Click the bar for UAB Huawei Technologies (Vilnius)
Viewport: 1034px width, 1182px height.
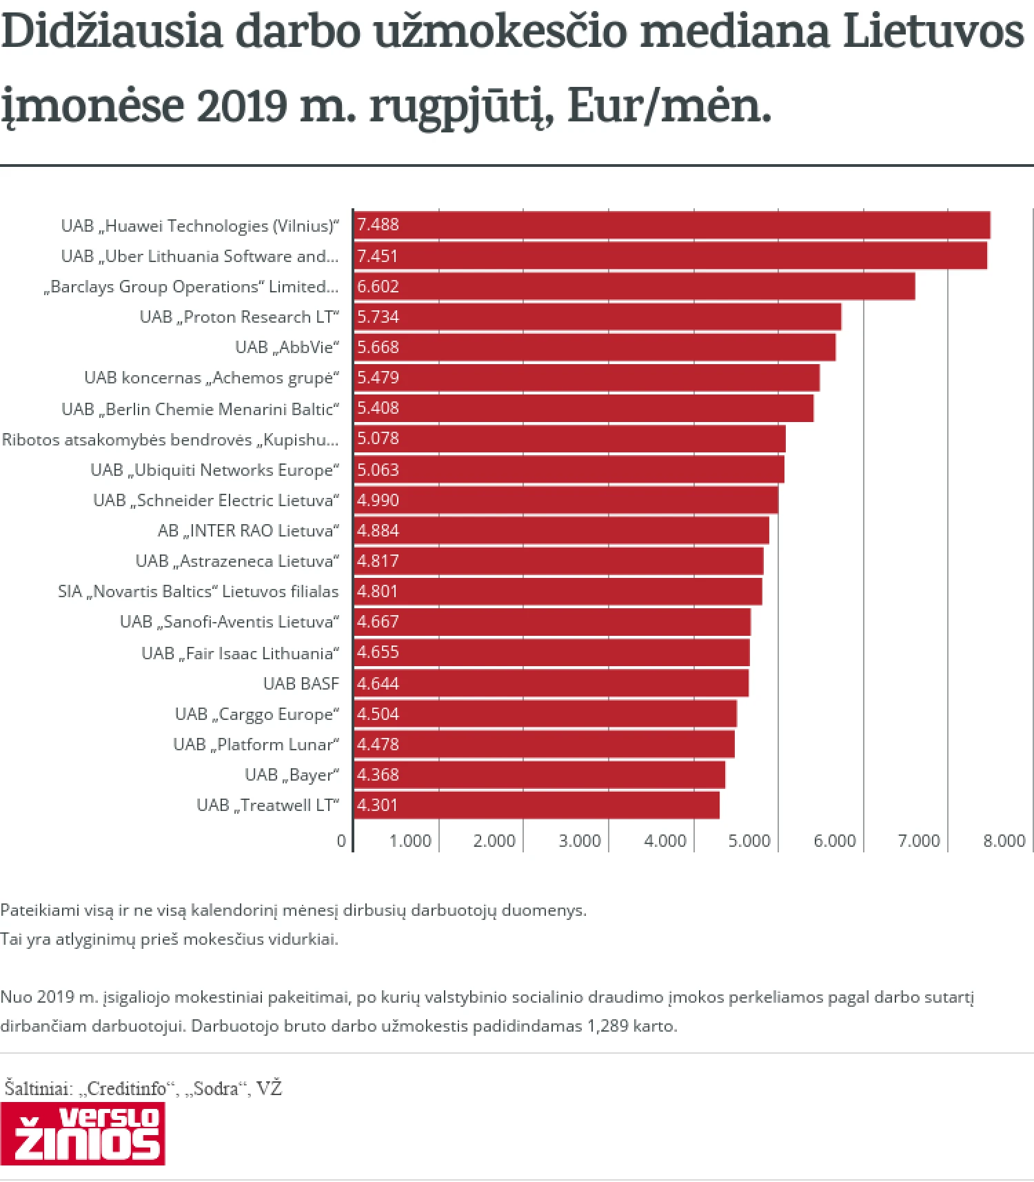(x=672, y=226)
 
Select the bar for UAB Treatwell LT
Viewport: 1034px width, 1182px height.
(x=536, y=805)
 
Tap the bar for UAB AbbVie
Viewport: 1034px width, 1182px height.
(x=594, y=347)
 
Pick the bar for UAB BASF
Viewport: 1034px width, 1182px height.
(x=551, y=683)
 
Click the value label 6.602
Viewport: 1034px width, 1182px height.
(x=378, y=286)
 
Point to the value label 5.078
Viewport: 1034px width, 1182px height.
(x=378, y=438)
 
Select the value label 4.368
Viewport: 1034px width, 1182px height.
(x=378, y=774)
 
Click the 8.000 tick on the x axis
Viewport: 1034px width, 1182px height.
(x=1004, y=841)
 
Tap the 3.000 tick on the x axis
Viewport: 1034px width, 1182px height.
(x=579, y=841)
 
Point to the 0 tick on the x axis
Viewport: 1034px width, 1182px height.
(x=341, y=841)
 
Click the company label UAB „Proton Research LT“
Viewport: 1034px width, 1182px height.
(x=239, y=317)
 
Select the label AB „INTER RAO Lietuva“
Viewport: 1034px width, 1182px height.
(x=248, y=530)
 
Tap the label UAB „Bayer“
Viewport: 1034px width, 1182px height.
(x=292, y=774)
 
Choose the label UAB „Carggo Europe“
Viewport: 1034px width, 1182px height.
(x=257, y=714)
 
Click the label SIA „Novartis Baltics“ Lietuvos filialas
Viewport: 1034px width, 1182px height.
(x=199, y=591)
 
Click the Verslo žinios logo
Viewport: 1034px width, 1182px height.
(x=83, y=1134)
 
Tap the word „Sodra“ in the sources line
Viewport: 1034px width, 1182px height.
(x=216, y=1088)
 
